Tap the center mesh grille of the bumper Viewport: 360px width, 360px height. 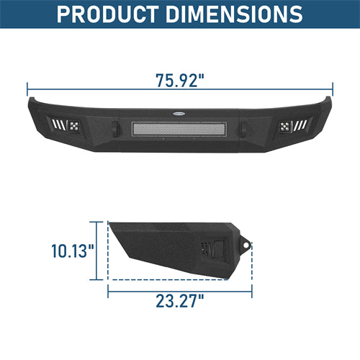coord(179,130)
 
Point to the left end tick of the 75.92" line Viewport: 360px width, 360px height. coord(28,90)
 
